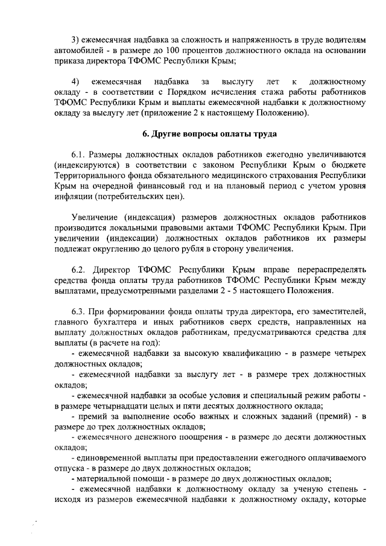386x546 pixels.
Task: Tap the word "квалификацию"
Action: tap(247, 352)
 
